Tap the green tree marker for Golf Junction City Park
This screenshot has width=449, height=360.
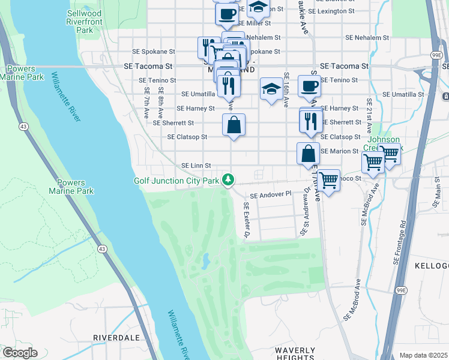(228, 179)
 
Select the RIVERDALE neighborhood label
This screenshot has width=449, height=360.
(113, 338)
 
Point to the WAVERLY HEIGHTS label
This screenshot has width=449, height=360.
(295, 354)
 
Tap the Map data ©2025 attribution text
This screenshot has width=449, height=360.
(423, 355)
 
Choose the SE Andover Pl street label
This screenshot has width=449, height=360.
(270, 195)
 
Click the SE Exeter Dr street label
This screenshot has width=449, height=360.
(246, 221)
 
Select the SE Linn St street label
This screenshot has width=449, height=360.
(196, 165)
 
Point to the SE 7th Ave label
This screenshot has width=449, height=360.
(146, 100)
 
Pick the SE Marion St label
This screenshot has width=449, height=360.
(339, 151)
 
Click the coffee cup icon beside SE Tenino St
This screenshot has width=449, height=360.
(309, 86)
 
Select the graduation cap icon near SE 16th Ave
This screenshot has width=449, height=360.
(271, 89)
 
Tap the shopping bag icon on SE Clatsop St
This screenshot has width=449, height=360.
(234, 125)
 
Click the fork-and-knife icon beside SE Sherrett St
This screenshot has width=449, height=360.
(310, 122)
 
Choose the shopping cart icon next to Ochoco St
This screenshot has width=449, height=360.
(328, 179)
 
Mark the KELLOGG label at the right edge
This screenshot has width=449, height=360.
(431, 265)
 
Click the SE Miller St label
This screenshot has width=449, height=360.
(255, 23)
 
